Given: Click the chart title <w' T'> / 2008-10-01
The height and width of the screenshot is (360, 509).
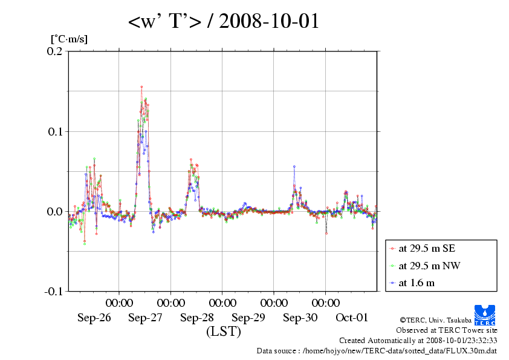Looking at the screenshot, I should [223, 22].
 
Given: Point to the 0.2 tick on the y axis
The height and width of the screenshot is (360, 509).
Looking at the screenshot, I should [55, 51].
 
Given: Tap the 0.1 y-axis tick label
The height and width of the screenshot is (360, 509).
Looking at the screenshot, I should [55, 131].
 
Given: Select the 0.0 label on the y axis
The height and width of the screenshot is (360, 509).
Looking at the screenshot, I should [55, 211].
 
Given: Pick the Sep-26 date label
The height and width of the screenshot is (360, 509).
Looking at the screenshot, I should [94, 317].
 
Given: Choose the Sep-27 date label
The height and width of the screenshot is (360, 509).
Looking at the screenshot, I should [145, 317].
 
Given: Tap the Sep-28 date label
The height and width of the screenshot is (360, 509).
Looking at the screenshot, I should [197, 317].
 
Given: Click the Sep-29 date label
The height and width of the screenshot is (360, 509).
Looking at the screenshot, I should [248, 317].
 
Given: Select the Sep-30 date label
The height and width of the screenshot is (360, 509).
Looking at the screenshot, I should [300, 317].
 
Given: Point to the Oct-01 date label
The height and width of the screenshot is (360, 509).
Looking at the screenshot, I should [352, 317].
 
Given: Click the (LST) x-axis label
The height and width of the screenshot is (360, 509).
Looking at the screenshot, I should [223, 332].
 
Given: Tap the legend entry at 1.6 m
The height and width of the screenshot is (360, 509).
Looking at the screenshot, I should [417, 283].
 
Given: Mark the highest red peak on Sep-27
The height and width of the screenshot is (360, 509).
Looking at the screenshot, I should [141, 87].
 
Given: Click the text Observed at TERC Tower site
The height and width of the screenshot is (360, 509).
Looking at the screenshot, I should [447, 330].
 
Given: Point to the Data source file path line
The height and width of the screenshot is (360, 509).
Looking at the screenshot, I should [377, 350].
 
